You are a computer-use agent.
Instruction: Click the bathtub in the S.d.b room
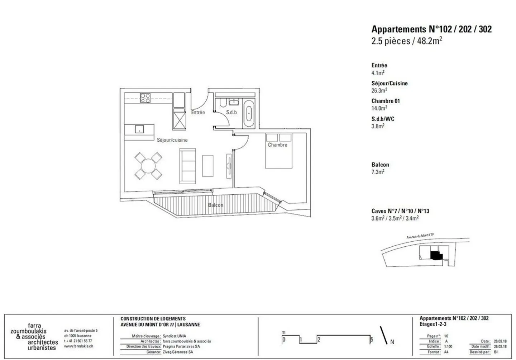coord(248,114)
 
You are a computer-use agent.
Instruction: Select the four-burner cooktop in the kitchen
coord(145,98)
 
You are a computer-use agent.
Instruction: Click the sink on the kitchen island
coord(139,129)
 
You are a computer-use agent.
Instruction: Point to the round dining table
coord(148,166)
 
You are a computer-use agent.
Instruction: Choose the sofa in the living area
coord(187,166)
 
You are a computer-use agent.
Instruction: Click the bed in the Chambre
coord(278,151)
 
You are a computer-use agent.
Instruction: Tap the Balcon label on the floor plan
coord(215,205)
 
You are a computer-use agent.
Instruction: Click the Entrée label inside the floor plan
coord(198,112)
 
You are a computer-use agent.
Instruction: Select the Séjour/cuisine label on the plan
coord(172,140)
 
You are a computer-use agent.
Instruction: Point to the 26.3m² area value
coord(379,91)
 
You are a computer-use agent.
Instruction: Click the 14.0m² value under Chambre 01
coord(379,108)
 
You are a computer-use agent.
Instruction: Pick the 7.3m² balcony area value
coord(378,172)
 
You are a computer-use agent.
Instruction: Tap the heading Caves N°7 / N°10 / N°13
coord(400,211)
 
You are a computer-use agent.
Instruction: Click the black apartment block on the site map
coord(435,255)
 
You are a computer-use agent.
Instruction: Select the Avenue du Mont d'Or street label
coord(420,236)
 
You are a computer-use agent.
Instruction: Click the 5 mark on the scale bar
coord(372,339)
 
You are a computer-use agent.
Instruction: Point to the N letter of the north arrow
coord(392,342)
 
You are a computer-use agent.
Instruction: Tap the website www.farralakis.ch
coord(78,346)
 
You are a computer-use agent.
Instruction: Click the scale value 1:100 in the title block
coord(449,347)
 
